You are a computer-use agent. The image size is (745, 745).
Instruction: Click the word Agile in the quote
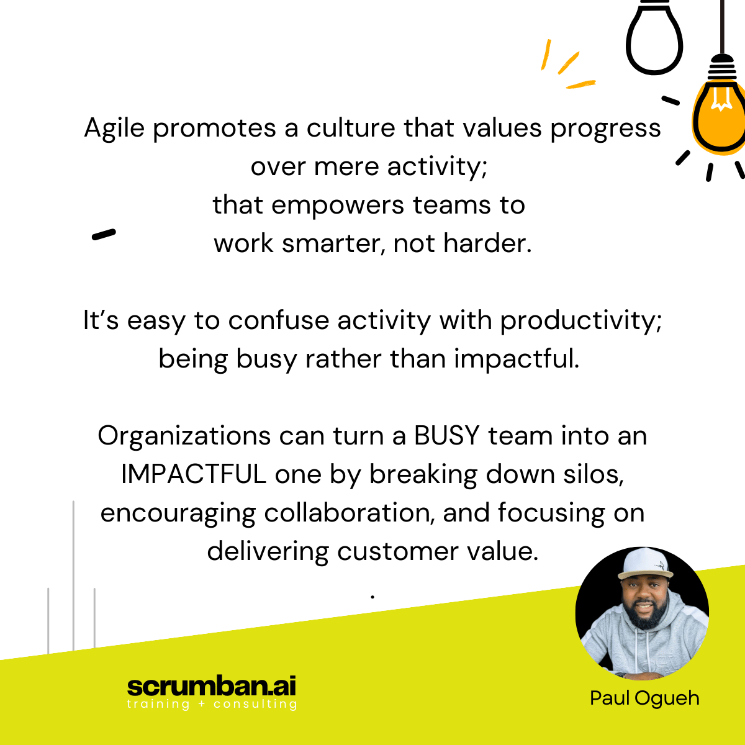point(114,129)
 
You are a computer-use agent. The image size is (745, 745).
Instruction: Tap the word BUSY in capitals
point(447,436)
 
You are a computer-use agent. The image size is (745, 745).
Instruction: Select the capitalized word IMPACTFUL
point(193,474)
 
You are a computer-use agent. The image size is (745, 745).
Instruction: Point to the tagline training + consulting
point(212,704)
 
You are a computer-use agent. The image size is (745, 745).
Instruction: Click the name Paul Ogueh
point(644,698)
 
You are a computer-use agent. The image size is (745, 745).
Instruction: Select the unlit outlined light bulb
point(654,38)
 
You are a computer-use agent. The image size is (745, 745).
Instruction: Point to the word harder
point(487,243)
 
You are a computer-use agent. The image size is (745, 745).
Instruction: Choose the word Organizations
point(184,436)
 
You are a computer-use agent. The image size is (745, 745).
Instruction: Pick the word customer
point(397,552)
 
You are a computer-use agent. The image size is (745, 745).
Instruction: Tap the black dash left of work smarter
point(104,234)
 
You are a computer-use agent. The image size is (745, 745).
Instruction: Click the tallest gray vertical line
point(73,576)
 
